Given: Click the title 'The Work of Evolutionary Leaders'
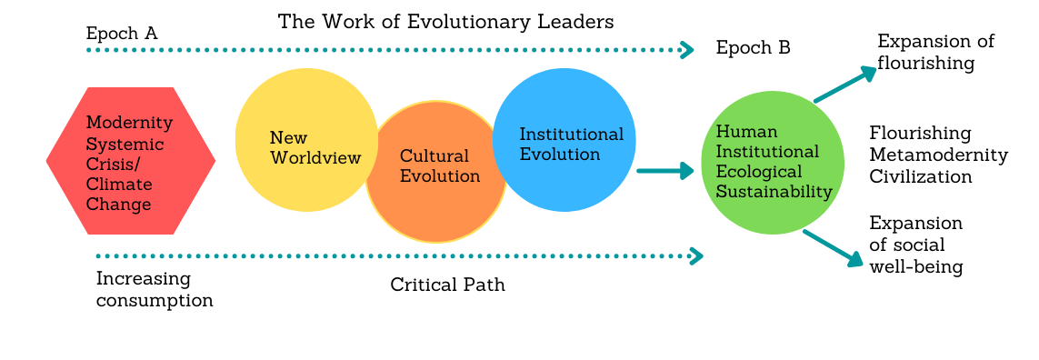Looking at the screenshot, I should tap(445, 21).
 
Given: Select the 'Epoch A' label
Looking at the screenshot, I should tap(122, 34).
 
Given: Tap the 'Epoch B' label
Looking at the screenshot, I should tap(753, 48).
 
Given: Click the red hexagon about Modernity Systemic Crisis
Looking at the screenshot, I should tap(131, 162).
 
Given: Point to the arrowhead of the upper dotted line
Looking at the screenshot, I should tap(688, 49).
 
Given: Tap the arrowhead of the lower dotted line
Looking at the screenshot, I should tap(697, 256).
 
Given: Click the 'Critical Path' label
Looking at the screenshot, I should tap(447, 285).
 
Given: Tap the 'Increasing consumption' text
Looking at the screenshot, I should tap(155, 289).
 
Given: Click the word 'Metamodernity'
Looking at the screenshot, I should tap(938, 155).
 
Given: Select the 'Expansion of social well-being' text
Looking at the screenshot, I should tap(915, 245).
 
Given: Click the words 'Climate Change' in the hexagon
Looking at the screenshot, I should tap(118, 195).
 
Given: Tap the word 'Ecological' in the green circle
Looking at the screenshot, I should tap(759, 171).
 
